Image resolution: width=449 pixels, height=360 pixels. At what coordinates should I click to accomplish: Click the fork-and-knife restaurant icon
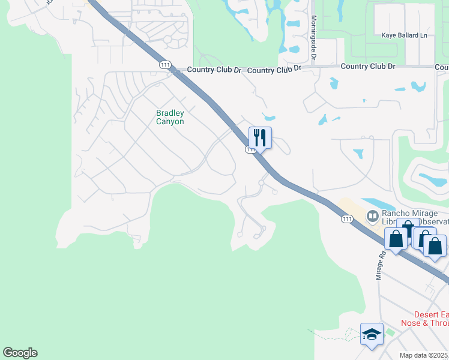(260, 137)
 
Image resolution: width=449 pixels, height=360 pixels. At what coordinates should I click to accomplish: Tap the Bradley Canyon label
(170, 117)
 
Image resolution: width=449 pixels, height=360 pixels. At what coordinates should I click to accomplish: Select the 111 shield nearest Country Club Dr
(164, 64)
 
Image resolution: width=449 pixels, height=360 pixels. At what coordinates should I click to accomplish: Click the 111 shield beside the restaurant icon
(251, 149)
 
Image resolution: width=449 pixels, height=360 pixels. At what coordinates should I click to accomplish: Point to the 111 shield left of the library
(346, 220)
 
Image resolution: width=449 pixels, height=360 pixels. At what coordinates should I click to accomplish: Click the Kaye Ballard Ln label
(408, 35)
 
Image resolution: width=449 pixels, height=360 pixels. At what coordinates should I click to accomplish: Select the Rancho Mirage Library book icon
(372, 215)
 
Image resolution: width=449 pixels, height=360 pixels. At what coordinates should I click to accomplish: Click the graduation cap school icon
(372, 334)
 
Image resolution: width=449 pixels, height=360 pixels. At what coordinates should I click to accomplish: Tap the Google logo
(20, 353)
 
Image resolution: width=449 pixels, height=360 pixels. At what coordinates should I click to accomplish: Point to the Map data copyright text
(424, 355)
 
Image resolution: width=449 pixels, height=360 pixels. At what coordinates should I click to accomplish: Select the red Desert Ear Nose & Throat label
(431, 319)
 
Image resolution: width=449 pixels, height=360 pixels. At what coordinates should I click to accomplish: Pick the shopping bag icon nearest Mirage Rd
(396, 239)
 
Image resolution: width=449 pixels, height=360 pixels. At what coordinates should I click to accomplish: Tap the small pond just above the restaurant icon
(268, 118)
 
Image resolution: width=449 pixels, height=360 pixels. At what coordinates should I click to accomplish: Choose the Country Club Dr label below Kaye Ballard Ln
(368, 66)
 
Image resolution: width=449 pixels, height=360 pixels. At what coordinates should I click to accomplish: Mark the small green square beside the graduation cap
(390, 332)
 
